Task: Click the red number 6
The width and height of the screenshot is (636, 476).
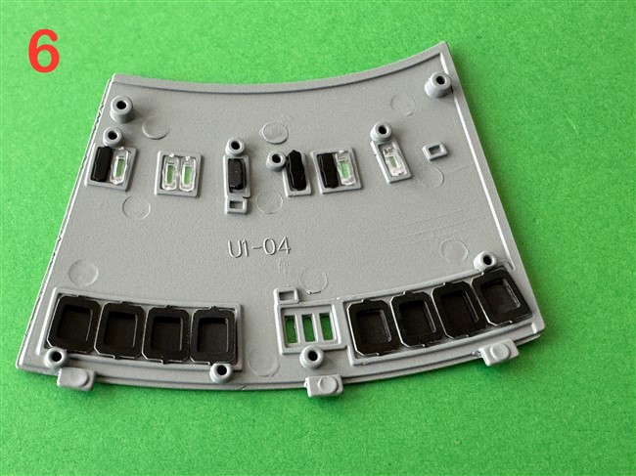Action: pyautogui.click(x=44, y=51)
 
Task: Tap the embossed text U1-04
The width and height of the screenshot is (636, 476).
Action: pyautogui.click(x=259, y=246)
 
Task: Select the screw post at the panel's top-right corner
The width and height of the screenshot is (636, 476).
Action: pyautogui.click(x=438, y=84)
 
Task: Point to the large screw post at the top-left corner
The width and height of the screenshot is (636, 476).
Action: pyautogui.click(x=121, y=108)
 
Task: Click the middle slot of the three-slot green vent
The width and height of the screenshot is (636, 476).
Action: pyautogui.click(x=308, y=327)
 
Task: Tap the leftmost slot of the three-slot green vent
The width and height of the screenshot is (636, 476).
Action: pyautogui.click(x=291, y=328)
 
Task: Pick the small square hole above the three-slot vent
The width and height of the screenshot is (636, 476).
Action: pyautogui.click(x=287, y=295)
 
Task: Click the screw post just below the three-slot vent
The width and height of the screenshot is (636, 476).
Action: pyautogui.click(x=311, y=357)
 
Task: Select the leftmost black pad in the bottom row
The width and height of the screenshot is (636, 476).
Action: pyautogui.click(x=73, y=324)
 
